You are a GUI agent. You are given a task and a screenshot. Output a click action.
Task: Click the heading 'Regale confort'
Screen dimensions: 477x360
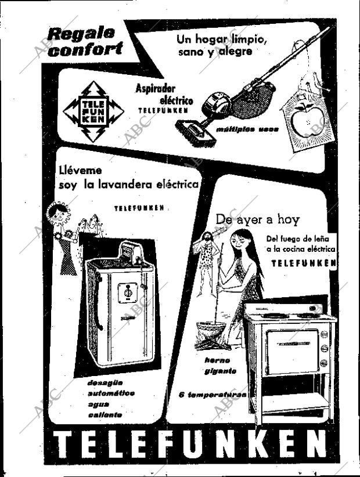(x=85, y=42)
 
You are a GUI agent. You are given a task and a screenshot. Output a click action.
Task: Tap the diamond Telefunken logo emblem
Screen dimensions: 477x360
(x=93, y=112)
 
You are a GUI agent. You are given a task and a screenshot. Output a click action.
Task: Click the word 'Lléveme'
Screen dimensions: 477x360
(x=81, y=171)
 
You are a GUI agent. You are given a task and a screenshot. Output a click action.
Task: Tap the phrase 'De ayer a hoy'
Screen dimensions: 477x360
(x=257, y=219)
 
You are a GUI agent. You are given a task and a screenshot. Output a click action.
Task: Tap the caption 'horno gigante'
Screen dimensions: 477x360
(x=220, y=366)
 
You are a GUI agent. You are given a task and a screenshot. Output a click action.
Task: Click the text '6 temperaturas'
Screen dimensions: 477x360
(x=213, y=395)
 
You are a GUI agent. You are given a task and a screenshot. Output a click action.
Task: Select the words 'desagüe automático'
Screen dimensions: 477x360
(x=110, y=388)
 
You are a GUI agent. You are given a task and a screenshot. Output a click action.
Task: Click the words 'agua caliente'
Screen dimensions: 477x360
(x=105, y=409)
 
